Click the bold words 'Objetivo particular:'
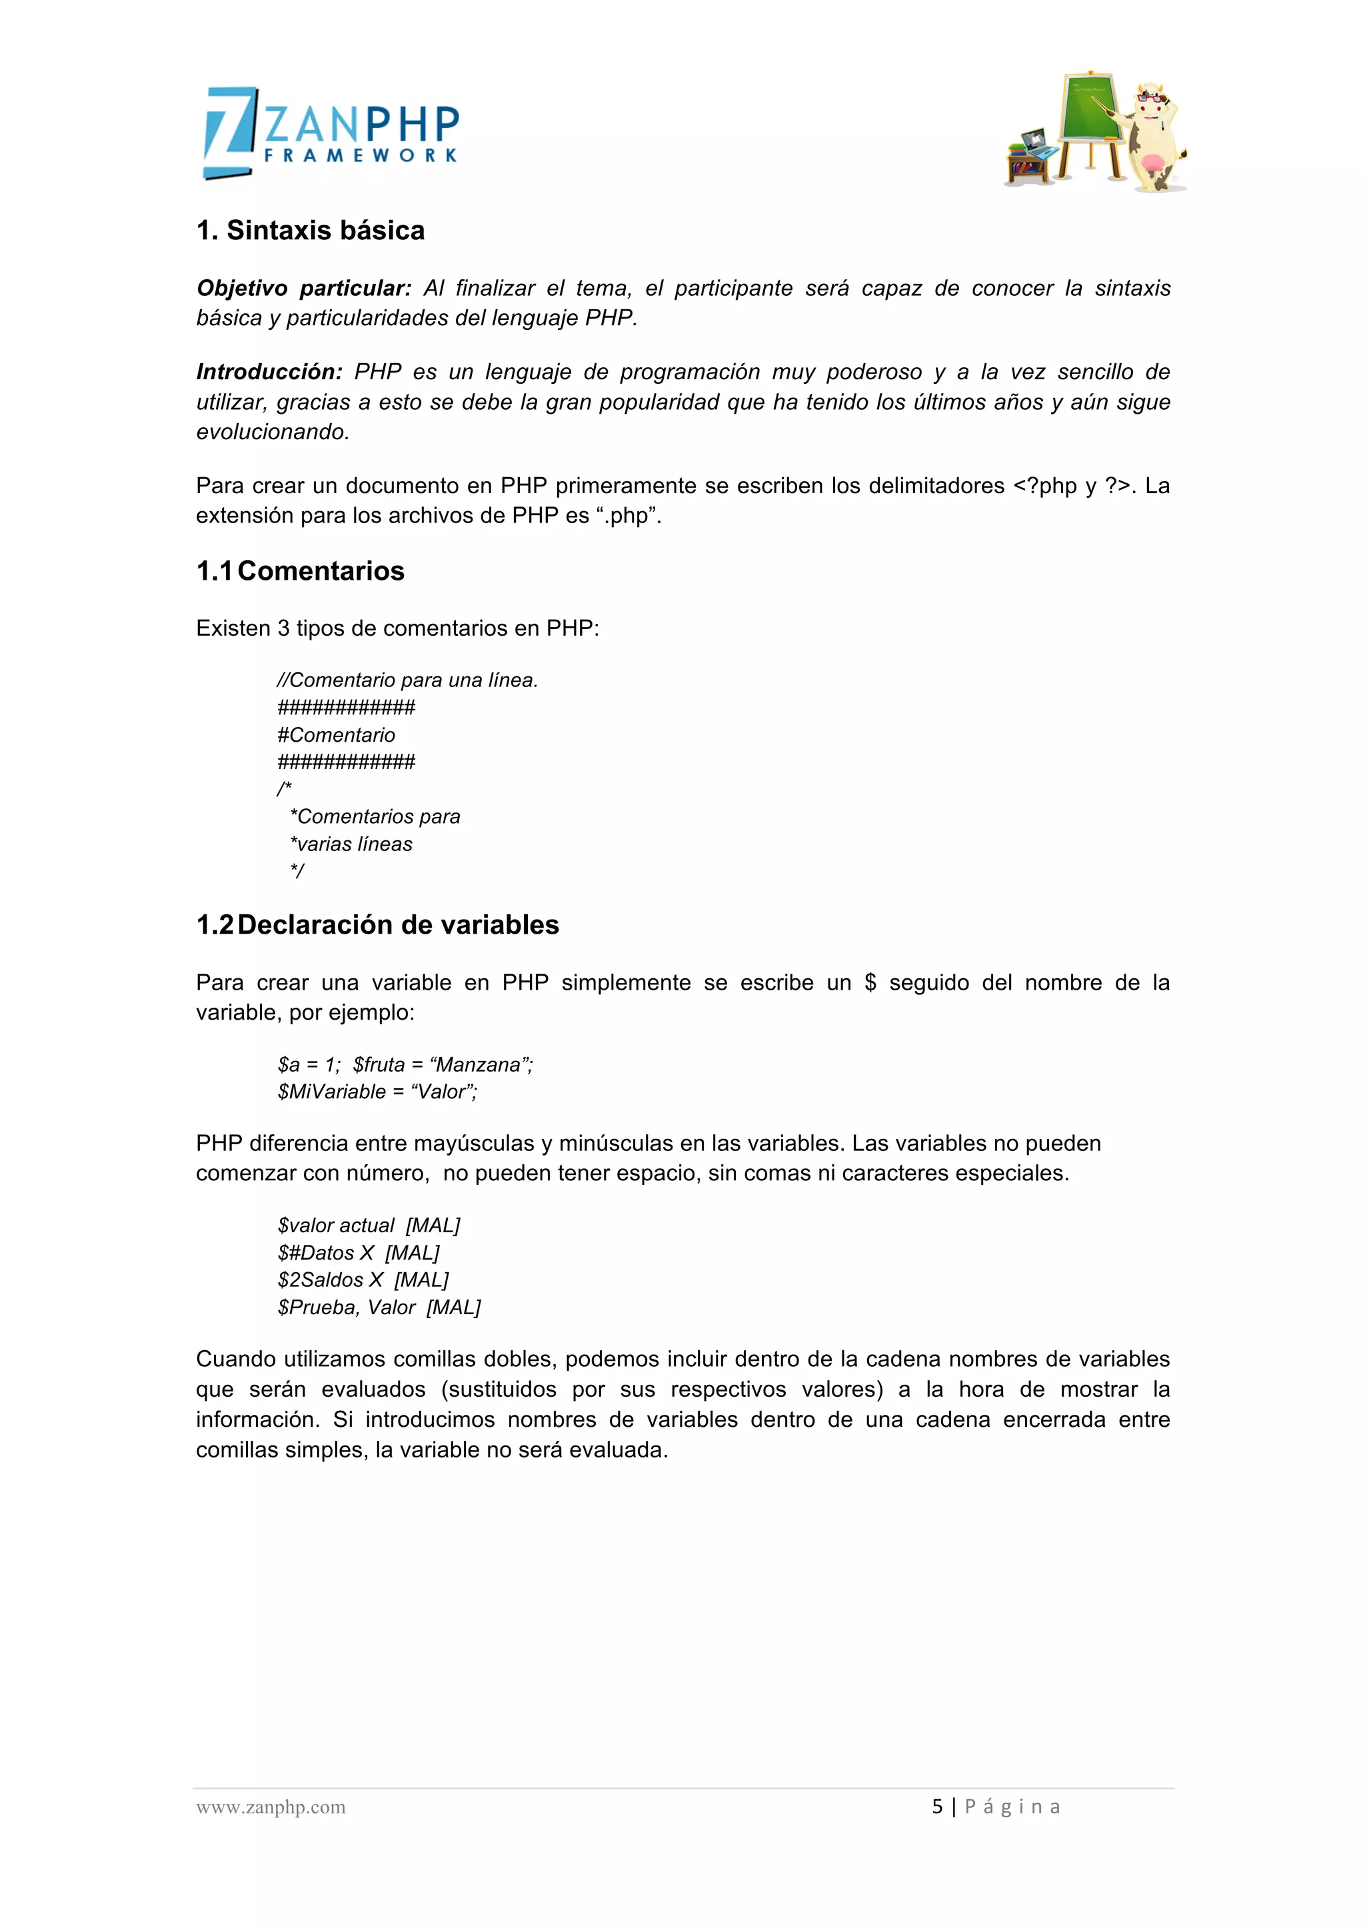(x=303, y=289)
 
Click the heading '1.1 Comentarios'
(x=300, y=570)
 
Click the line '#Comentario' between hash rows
(x=336, y=734)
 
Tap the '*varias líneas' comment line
(x=351, y=844)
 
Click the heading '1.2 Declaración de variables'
(x=377, y=924)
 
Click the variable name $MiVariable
(x=332, y=1092)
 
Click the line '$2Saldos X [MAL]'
(x=363, y=1280)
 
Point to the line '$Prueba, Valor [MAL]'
(x=379, y=1307)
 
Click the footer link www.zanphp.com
(x=271, y=1807)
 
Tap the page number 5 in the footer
(x=937, y=1807)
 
